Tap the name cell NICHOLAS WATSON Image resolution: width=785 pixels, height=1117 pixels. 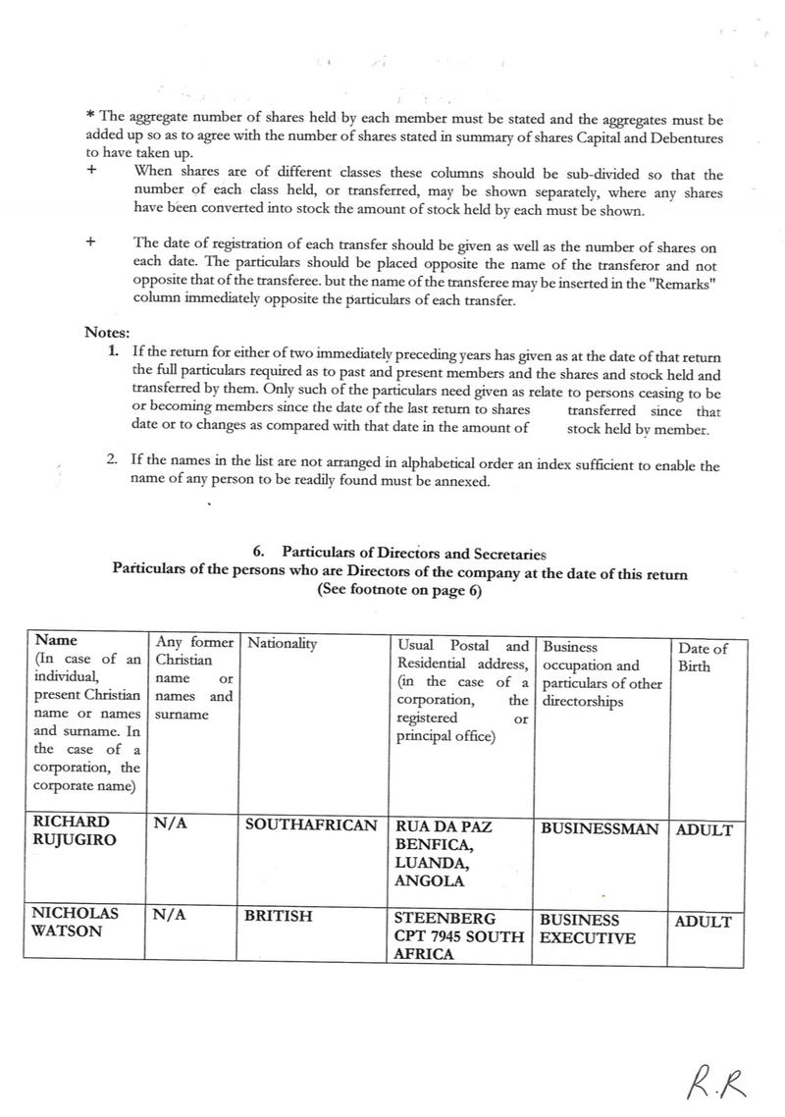(x=76, y=922)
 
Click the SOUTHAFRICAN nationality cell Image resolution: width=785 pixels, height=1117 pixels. (x=312, y=826)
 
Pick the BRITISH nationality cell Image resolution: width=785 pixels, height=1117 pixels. (x=280, y=916)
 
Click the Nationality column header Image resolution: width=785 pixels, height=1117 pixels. (x=283, y=644)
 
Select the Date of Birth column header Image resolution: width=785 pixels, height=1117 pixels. (x=703, y=657)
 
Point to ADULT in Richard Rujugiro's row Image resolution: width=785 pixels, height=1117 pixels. (x=704, y=829)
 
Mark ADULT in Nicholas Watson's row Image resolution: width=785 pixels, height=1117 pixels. (x=704, y=922)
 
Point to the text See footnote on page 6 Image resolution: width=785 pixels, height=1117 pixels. (x=399, y=591)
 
